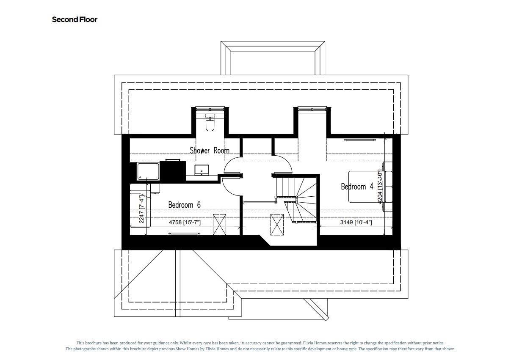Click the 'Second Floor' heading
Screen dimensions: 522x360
pos(75,19)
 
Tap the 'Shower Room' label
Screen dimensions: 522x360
pos(209,150)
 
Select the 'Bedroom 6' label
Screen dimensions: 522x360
pos(184,205)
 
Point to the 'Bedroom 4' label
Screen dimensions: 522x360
pos(357,186)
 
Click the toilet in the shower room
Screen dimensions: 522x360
pos(210,124)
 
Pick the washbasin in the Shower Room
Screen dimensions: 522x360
pos(201,170)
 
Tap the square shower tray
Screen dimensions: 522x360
pos(148,173)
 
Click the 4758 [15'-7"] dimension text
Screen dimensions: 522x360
pos(185,222)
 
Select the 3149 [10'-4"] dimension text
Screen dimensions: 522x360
pos(356,222)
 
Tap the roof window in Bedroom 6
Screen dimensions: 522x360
pos(219,224)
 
